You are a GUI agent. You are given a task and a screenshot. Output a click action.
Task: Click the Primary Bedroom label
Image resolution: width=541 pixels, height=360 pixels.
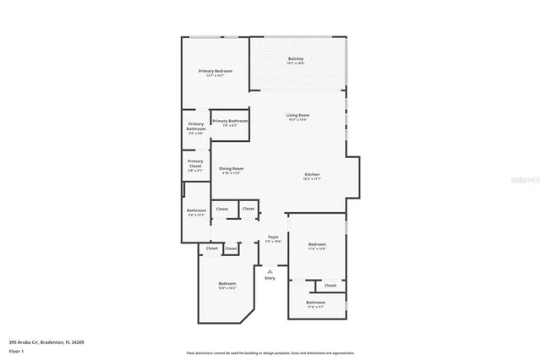(x=215, y=71)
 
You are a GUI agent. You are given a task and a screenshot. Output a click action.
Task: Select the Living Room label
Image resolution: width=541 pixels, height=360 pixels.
(x=298, y=115)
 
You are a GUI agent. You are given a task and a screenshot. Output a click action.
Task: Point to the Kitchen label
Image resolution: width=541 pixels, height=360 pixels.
(x=312, y=175)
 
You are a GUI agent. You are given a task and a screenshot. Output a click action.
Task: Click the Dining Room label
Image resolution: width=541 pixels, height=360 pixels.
(x=232, y=168)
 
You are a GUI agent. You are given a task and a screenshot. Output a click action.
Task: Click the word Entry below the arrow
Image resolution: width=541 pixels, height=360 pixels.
(x=270, y=278)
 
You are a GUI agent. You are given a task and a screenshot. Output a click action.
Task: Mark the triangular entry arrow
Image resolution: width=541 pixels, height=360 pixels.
(x=270, y=270)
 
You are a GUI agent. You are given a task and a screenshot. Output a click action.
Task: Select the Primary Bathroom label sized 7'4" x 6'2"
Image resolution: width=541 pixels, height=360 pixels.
(x=230, y=121)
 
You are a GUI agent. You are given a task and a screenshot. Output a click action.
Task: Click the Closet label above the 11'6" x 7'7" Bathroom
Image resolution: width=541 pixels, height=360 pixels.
(x=330, y=285)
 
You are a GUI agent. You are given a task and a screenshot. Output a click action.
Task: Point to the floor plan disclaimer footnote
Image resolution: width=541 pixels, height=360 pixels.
(x=270, y=353)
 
